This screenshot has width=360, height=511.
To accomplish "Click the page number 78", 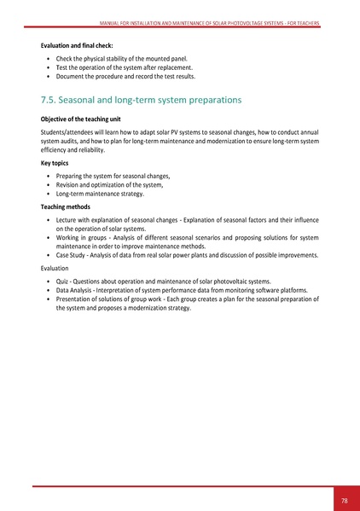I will coord(344,500).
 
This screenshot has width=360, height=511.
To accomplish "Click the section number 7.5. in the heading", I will coord(52,100).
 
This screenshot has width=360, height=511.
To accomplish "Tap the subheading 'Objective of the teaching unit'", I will coord(82,120).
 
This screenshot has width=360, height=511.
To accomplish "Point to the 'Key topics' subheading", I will coord(57,160).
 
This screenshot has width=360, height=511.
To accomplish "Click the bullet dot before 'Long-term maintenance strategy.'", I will coord(48,194).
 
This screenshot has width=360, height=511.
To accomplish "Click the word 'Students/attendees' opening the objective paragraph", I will coord(69,133).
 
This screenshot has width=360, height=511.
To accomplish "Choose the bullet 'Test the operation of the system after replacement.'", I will coord(125,67).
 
